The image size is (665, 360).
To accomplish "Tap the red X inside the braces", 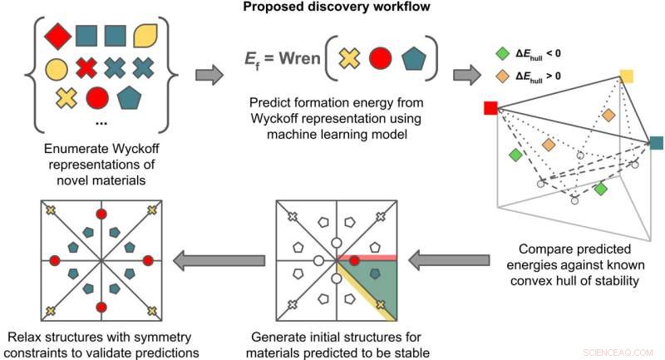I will tap(86, 67).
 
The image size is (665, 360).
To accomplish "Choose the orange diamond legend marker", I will tap(500, 78).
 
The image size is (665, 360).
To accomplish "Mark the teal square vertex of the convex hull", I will tap(657, 142).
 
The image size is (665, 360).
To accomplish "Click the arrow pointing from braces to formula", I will tap(207, 76).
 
